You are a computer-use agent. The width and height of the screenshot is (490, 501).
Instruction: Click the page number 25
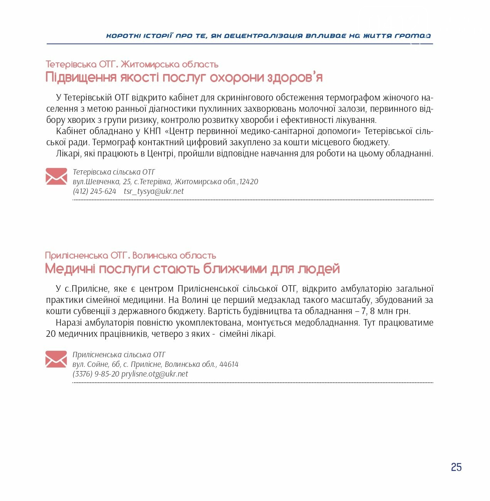pyautogui.click(x=456, y=467)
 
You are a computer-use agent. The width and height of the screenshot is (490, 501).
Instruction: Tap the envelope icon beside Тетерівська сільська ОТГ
pyautogui.click(x=56, y=177)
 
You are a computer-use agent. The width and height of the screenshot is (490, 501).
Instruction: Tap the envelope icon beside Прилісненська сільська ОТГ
pyautogui.click(x=56, y=359)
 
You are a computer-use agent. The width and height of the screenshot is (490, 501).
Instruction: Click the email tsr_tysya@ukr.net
pyautogui.click(x=154, y=191)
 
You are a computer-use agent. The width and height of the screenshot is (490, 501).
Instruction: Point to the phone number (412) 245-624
pyautogui.click(x=95, y=191)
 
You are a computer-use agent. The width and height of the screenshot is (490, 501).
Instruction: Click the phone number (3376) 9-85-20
pyautogui.click(x=96, y=374)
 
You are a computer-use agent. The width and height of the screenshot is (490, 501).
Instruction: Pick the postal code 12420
pyautogui.click(x=248, y=182)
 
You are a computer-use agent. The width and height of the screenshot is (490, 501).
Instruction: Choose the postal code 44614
pyautogui.click(x=229, y=364)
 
